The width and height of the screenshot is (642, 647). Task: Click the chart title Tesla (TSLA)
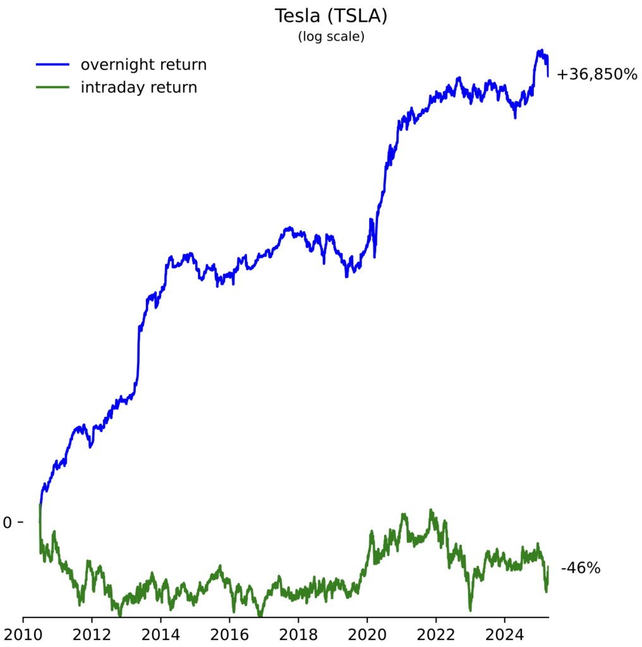click(x=331, y=16)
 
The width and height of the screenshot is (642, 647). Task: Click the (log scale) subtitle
click(x=331, y=37)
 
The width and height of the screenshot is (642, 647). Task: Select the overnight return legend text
click(x=143, y=64)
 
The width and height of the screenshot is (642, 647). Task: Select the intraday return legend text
click(x=138, y=87)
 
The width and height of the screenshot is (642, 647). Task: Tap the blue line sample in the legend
click(x=52, y=64)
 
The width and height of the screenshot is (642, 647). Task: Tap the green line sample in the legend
click(x=52, y=87)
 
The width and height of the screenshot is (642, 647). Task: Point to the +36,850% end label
click(x=597, y=75)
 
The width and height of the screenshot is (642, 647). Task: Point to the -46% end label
click(x=580, y=568)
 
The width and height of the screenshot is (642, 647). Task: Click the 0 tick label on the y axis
click(x=8, y=523)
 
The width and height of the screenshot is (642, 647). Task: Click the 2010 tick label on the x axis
click(x=23, y=634)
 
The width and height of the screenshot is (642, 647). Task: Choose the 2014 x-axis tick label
click(x=161, y=634)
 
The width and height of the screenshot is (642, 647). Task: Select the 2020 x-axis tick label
click(x=367, y=634)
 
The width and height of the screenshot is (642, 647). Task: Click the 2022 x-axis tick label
click(x=436, y=634)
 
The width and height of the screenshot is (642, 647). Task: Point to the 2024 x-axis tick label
click(x=505, y=634)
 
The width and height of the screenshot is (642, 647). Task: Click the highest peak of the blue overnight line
click(x=540, y=51)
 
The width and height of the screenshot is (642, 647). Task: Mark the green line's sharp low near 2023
click(x=470, y=610)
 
